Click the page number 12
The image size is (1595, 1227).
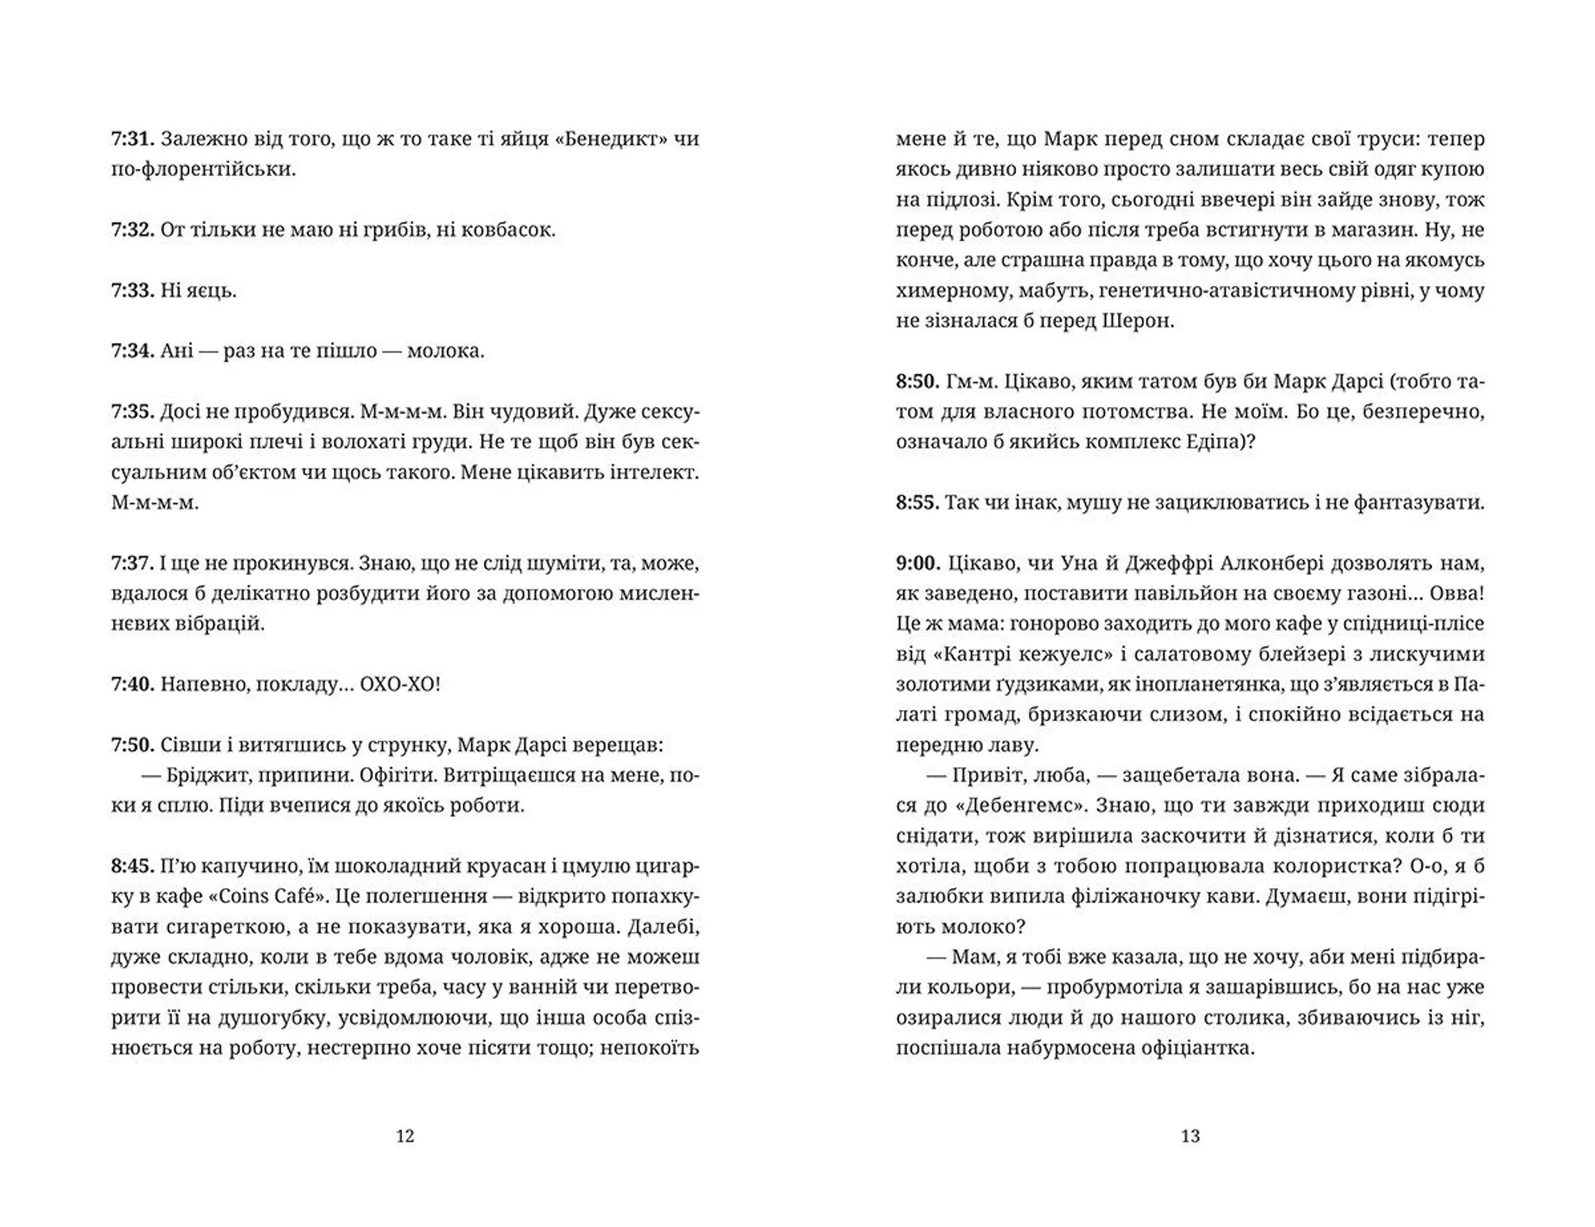[405, 1136]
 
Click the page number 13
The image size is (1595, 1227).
[1190, 1136]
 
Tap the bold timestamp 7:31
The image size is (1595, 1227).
[133, 139]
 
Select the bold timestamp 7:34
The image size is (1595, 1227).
[133, 351]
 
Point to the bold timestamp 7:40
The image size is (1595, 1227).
[133, 685]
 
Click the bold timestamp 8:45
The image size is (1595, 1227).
[133, 866]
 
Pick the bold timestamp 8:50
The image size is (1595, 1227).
[918, 381]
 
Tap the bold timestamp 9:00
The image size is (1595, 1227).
[918, 563]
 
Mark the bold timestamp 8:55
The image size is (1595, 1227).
[918, 503]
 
